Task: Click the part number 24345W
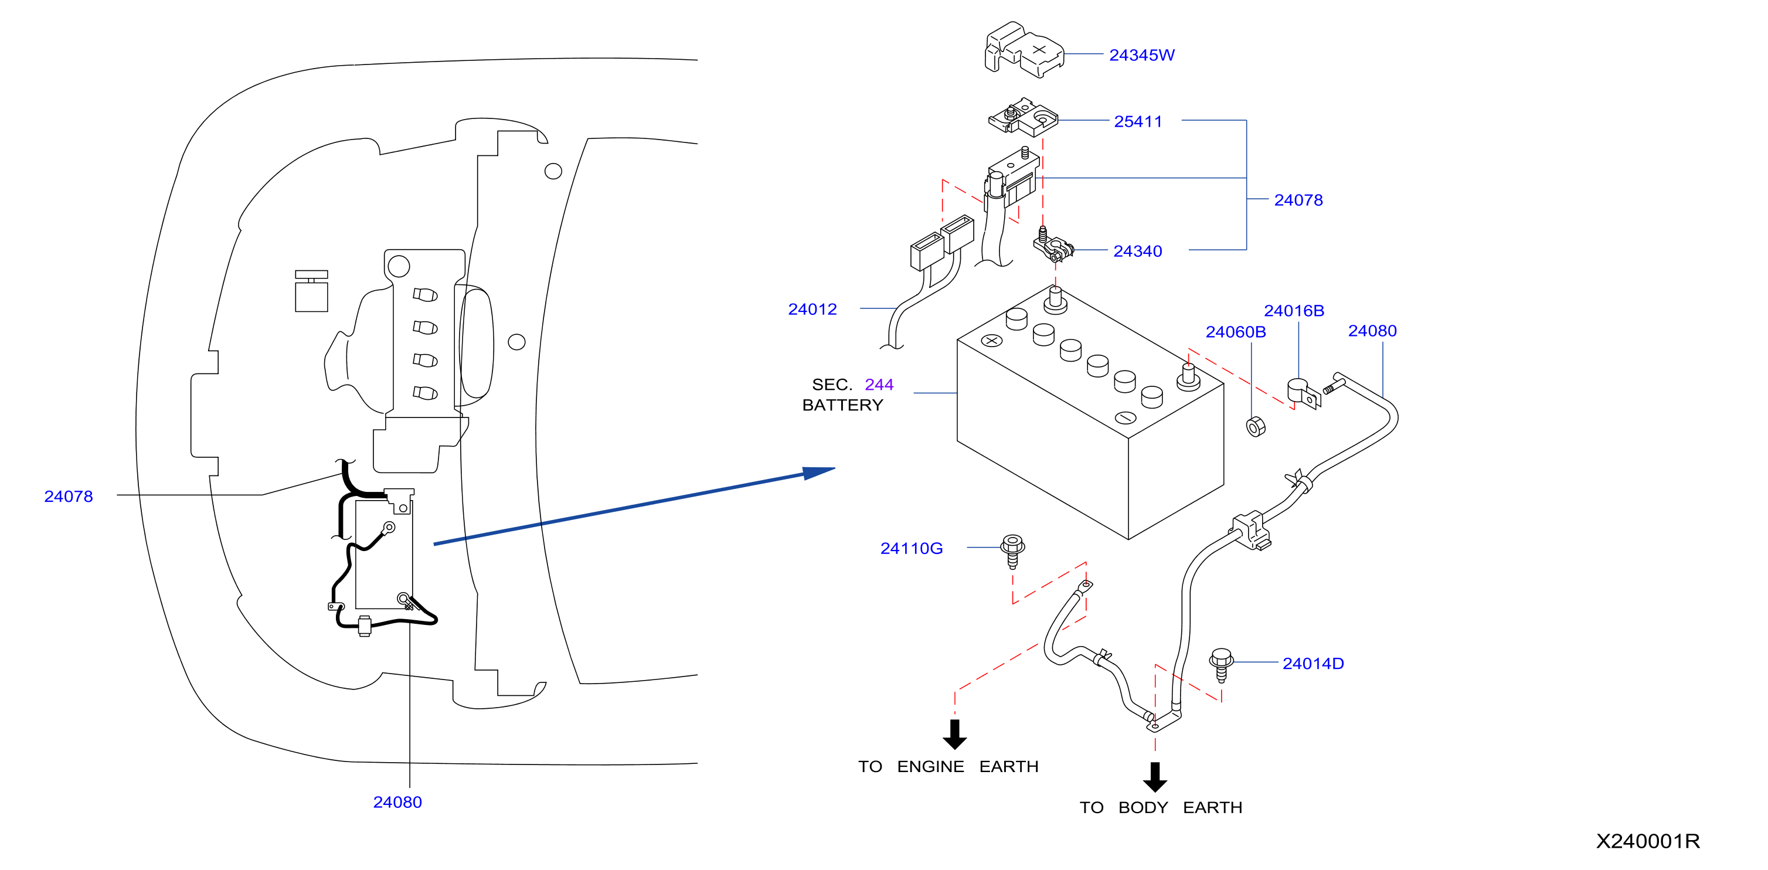point(1141,55)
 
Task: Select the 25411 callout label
point(1138,121)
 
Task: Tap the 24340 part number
point(1137,251)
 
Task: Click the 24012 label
point(812,310)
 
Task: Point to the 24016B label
point(1294,311)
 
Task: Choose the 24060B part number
point(1235,332)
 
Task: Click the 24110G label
point(912,548)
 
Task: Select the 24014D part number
point(1313,664)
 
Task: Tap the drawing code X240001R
point(1648,841)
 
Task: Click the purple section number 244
point(879,384)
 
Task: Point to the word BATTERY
point(842,405)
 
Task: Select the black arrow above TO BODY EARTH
point(1154,777)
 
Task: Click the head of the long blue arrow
point(820,473)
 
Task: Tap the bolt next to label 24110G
point(1012,551)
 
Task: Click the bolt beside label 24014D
point(1221,664)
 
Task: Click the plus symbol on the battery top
point(992,340)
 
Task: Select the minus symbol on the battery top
point(1126,417)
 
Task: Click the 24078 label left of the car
point(69,496)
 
